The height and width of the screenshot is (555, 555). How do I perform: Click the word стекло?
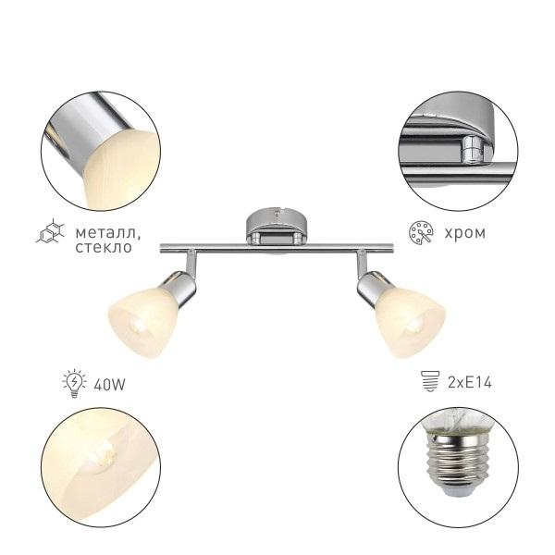point(104,247)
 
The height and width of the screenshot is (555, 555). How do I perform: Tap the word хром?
point(464,233)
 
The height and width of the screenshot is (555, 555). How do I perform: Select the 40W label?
point(109,385)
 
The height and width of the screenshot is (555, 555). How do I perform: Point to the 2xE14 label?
point(470,383)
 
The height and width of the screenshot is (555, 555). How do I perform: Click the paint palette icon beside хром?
point(421,232)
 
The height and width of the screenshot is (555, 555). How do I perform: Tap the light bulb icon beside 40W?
point(74,383)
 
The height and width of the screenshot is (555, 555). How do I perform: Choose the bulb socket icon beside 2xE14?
point(430,381)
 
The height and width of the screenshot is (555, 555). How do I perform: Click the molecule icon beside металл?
point(50,230)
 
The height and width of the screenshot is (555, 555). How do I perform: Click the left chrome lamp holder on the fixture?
point(181,287)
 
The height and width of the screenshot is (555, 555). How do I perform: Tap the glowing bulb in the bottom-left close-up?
point(104,456)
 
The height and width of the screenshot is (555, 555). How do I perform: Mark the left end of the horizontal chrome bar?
point(161,249)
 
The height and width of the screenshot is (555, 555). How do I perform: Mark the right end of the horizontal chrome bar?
point(393,249)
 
